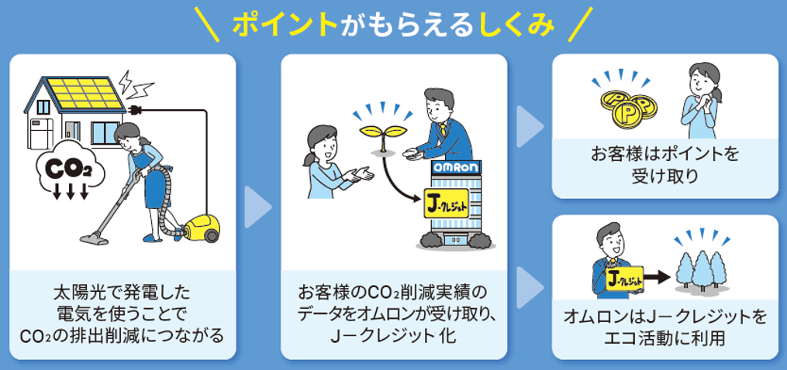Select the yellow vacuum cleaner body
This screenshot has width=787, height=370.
point(202,227)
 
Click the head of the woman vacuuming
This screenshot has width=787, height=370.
point(126,135)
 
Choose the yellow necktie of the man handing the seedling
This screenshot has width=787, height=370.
point(444,127)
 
